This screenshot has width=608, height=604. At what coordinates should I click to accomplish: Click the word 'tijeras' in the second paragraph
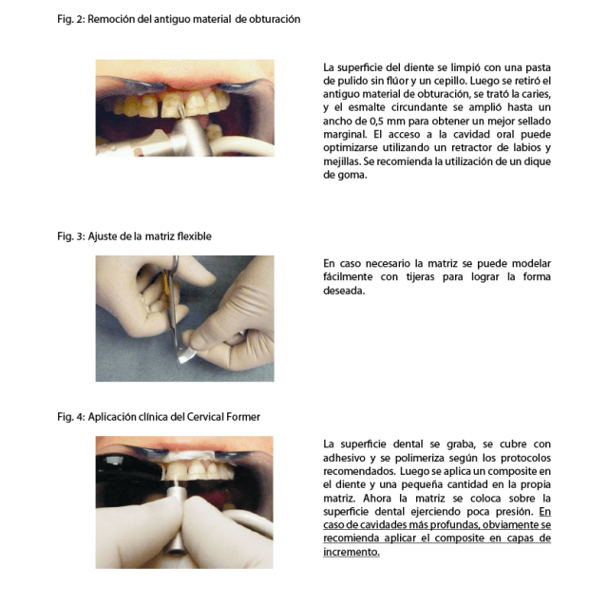[x=420, y=276]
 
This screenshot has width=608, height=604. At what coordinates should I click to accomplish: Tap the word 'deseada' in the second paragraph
[x=343, y=291]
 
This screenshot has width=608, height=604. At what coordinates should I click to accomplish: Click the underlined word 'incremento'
[x=351, y=552]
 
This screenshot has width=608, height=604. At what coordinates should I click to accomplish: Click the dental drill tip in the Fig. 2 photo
[x=180, y=112]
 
